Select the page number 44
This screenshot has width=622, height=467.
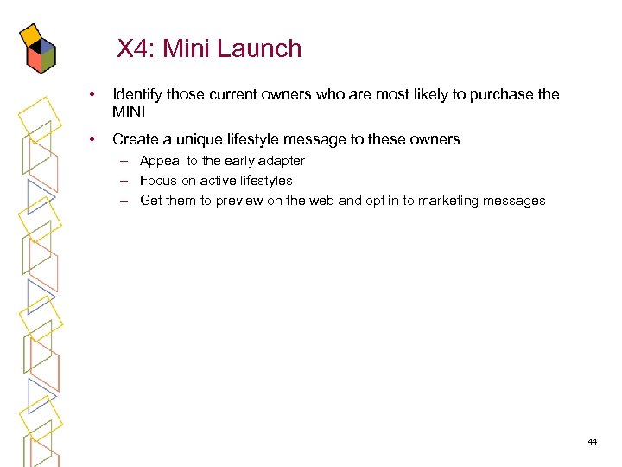point(592,442)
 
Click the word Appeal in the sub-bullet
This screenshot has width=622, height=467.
point(159,161)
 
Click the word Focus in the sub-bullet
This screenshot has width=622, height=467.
point(157,181)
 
